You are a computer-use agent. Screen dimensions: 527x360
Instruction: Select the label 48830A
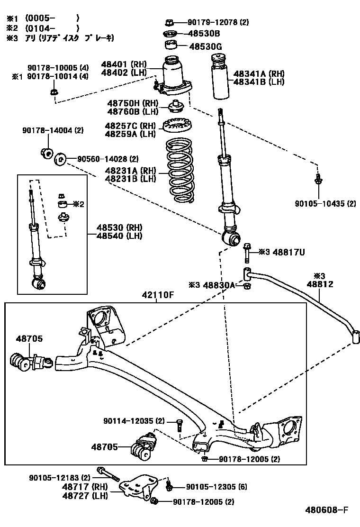pos(219,284)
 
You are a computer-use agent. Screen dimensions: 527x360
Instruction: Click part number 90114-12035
pos(134,420)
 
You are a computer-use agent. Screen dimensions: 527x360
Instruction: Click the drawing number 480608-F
pos(327,510)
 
